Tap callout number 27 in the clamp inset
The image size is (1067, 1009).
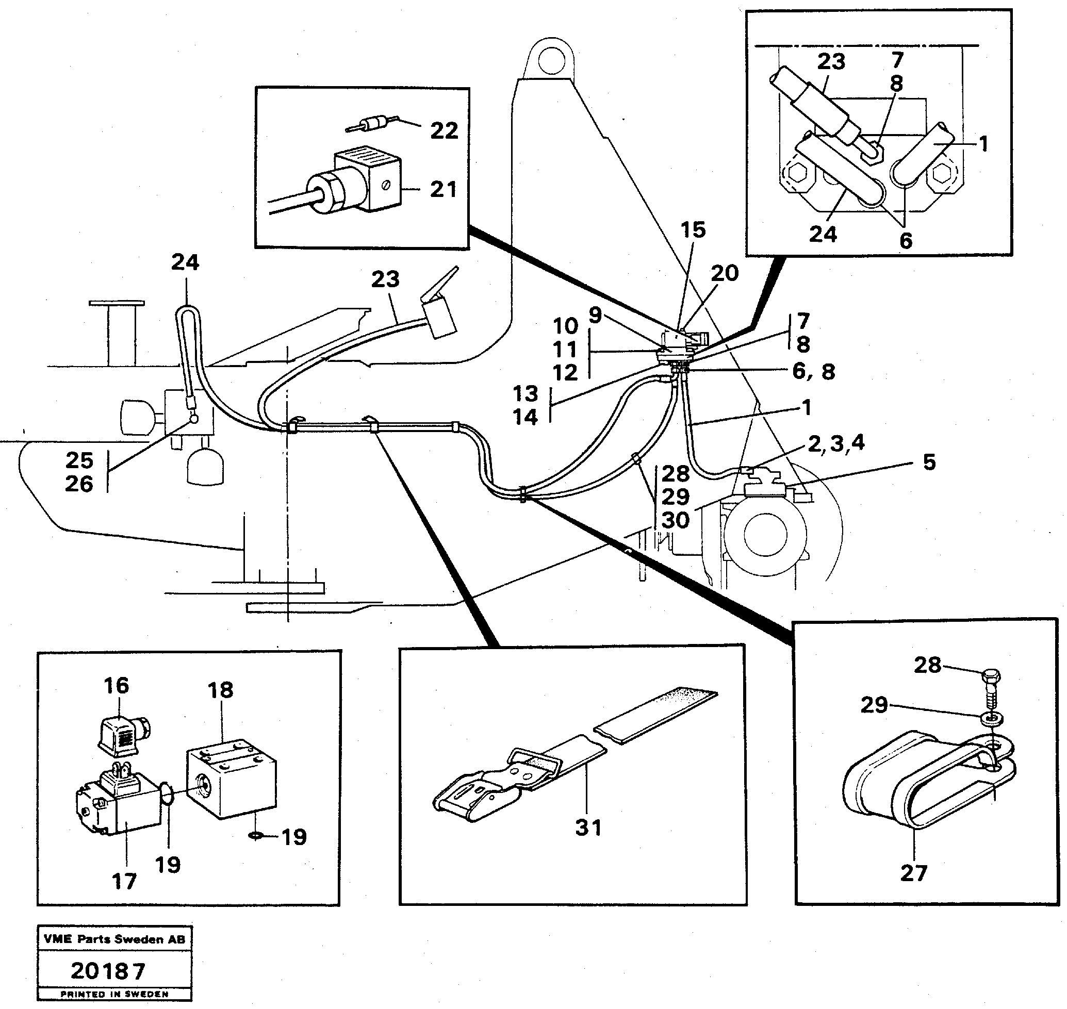pyautogui.click(x=913, y=872)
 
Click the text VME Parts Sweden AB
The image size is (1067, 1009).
pyautogui.click(x=114, y=939)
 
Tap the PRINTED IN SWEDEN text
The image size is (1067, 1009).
pyautogui.click(x=114, y=994)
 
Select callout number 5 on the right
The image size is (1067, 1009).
pyautogui.click(x=929, y=462)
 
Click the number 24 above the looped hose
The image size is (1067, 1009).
pyautogui.click(x=185, y=262)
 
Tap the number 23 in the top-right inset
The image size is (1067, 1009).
pyautogui.click(x=831, y=62)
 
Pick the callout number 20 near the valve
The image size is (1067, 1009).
pyautogui.click(x=724, y=273)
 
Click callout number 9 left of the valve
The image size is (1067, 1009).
pyautogui.click(x=595, y=316)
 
